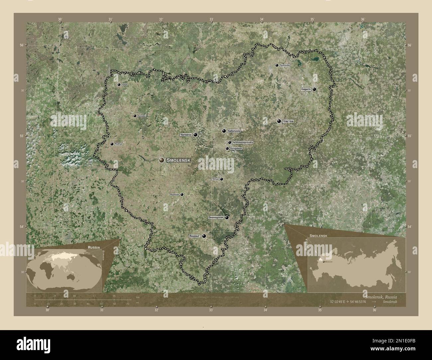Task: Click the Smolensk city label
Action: click(178, 160)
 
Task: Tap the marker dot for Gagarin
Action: click(314, 89)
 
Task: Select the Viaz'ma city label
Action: click(288, 122)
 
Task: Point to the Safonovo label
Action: click(234, 131)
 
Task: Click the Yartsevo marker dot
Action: click(196, 135)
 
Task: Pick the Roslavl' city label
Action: click(195, 236)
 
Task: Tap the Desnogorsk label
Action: click(215, 218)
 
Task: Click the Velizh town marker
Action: click(119, 85)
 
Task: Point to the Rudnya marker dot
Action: click(112, 144)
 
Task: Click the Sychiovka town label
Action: click(285, 65)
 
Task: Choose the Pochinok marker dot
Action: click(182, 195)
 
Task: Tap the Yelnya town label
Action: click(215, 179)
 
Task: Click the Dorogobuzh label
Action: click(236, 148)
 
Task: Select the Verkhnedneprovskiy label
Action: click(243, 142)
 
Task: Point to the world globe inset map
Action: click(65, 269)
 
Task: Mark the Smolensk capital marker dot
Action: click(162, 160)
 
